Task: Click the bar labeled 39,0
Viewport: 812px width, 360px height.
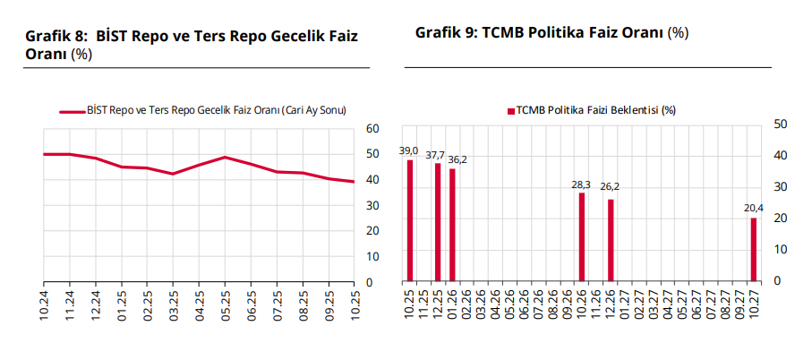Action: [x=410, y=220]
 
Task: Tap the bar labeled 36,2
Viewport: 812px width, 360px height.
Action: [x=452, y=225]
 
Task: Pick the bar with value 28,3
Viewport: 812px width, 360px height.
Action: [x=582, y=236]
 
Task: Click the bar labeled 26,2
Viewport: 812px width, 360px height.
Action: [x=611, y=240]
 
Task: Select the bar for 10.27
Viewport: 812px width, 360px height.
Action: [x=754, y=249]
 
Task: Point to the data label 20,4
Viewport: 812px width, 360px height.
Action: [x=754, y=209]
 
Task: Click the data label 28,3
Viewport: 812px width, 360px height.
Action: [x=582, y=184]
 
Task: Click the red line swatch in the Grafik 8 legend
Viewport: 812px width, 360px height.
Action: [x=72, y=111]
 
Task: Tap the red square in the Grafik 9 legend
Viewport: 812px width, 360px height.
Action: [x=511, y=111]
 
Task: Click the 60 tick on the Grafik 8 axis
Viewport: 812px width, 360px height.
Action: [x=374, y=129]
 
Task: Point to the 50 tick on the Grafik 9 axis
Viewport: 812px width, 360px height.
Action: [x=780, y=124]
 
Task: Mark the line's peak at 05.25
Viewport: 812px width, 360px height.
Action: [x=226, y=158]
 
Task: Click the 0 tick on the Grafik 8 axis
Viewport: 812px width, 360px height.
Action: [x=371, y=282]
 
